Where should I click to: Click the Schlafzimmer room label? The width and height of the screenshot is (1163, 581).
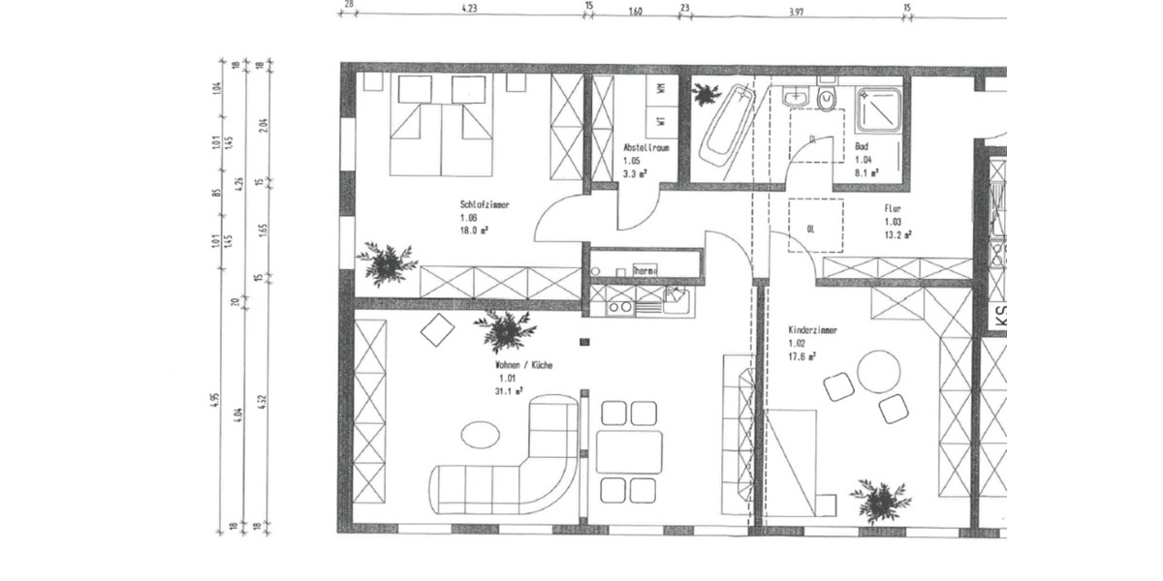[485, 205]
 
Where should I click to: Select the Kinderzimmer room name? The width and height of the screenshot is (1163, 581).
[812, 330]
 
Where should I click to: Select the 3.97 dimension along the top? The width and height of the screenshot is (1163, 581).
[796, 12]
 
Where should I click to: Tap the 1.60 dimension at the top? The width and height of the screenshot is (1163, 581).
[636, 12]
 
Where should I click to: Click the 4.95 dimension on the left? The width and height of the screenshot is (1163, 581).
[215, 399]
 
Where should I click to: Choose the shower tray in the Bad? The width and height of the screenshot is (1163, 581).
[880, 110]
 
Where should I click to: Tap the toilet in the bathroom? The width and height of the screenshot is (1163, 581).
[827, 98]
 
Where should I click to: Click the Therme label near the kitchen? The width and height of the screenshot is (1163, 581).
[644, 270]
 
